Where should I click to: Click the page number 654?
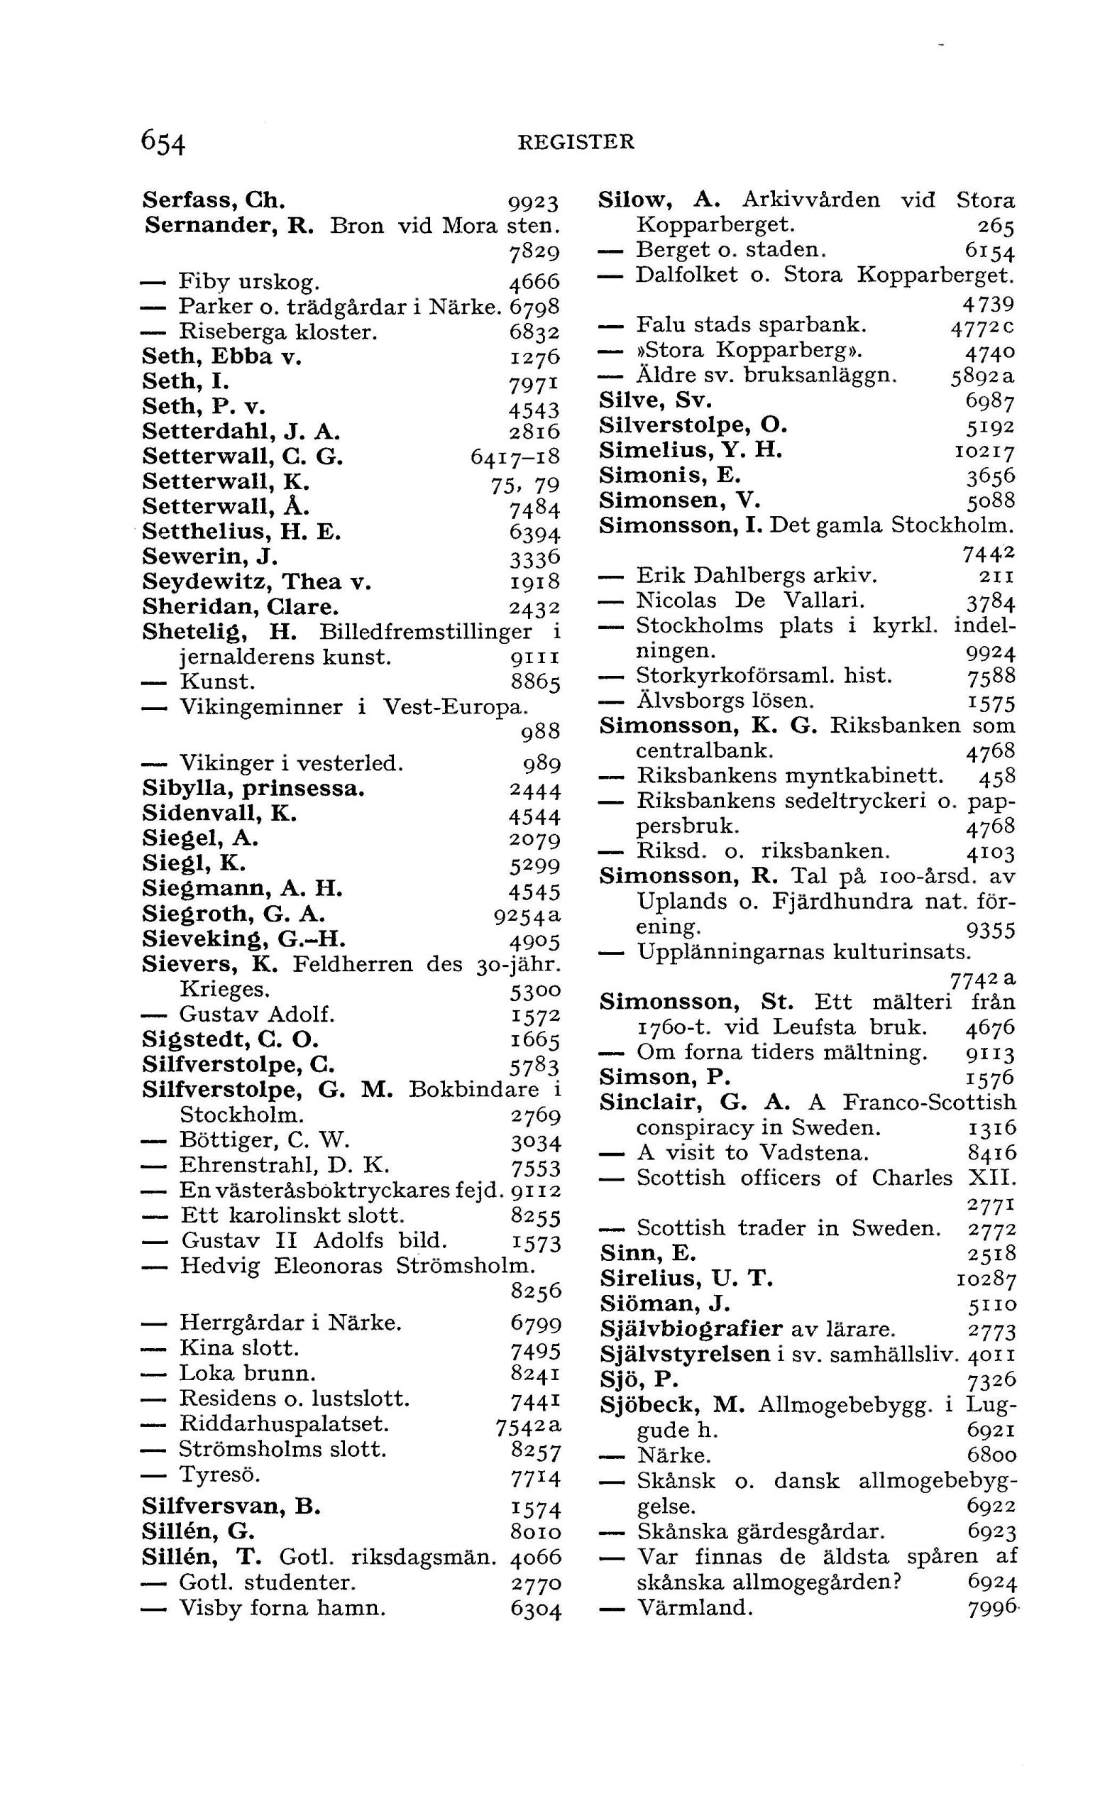164,142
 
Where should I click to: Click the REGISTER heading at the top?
576,142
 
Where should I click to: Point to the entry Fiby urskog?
248,281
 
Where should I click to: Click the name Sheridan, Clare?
241,607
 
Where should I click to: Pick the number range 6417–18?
515,458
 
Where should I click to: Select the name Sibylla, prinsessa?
253,789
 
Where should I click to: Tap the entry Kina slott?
240,1348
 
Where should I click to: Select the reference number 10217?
986,452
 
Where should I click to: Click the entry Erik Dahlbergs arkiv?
757,576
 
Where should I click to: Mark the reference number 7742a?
982,978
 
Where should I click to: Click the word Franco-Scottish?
929,1103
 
